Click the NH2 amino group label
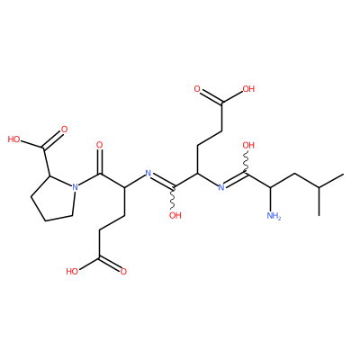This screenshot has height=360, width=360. pyautogui.click(x=274, y=215)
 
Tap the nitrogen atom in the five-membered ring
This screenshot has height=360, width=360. pyautogui.click(x=75, y=187)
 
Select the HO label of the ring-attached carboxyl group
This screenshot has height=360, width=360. pyautogui.click(x=13, y=139)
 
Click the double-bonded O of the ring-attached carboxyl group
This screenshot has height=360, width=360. pyautogui.click(x=64, y=130)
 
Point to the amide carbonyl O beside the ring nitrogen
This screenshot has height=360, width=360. pyautogui.click(x=100, y=145)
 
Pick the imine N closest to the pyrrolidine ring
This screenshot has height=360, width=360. pyautogui.click(x=148, y=173)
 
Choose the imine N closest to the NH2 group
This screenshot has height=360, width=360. pyautogui.click(x=221, y=187)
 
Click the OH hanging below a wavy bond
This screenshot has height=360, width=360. pyautogui.click(x=175, y=215)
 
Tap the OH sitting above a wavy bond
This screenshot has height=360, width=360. pyautogui.click(x=248, y=146)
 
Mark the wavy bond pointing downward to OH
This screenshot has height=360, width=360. pyautogui.click(x=174, y=199)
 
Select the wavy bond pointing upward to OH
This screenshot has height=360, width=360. pyautogui.click(x=247, y=162)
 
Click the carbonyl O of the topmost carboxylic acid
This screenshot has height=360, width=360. pyautogui.click(x=197, y=89)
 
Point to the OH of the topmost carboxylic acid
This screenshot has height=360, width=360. pyautogui.click(x=248, y=89)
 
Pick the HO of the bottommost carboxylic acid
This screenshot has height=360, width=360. pyautogui.click(x=72, y=272)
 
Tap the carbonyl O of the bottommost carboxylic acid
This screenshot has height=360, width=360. pyautogui.click(x=123, y=272)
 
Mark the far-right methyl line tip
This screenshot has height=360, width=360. pyautogui.click(x=343, y=174)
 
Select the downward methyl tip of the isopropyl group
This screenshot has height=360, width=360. pyautogui.click(x=319, y=215)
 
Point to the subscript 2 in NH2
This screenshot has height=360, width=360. pyautogui.click(x=279, y=218)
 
